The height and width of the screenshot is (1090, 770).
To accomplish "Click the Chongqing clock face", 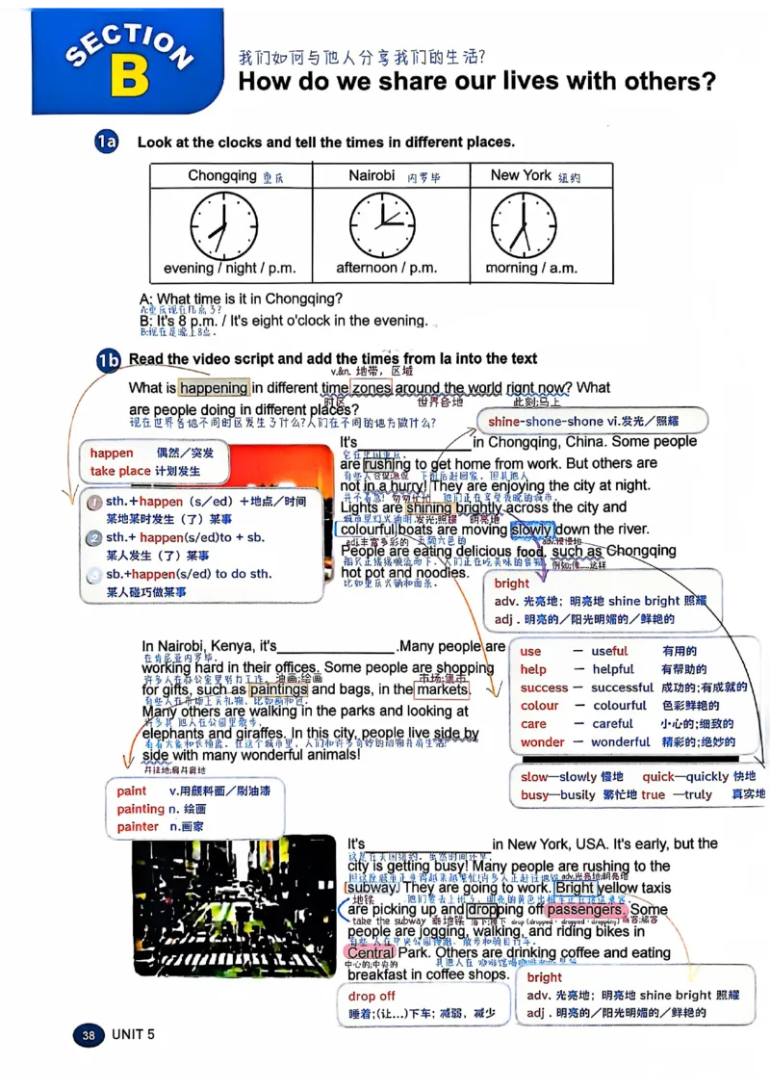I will point(223,225).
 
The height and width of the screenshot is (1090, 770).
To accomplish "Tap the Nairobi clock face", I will point(382,225).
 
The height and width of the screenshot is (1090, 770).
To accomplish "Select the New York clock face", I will point(524,225).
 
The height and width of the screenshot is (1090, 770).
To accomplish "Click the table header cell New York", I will point(521,175).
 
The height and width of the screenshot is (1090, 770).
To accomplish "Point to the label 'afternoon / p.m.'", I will point(386,269).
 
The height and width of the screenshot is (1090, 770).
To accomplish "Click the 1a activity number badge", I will point(106,143).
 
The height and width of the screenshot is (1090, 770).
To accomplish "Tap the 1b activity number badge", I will point(108,360).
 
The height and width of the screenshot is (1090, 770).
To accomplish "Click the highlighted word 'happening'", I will point(213,388).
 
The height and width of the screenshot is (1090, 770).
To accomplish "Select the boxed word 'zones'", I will point(371,388).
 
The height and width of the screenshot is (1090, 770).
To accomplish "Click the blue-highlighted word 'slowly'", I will point(532,530).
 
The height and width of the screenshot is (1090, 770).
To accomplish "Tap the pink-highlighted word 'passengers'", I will point(584,910).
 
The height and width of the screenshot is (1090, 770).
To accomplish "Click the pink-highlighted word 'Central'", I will point(371,952).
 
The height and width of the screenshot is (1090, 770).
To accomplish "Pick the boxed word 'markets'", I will point(442,689).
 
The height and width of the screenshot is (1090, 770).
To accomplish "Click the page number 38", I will point(89,1035).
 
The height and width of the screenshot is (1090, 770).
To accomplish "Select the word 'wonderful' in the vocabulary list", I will point(620,742).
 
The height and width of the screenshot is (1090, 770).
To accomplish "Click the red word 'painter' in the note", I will point(138,826).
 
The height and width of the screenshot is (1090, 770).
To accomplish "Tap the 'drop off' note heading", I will point(372,996).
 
